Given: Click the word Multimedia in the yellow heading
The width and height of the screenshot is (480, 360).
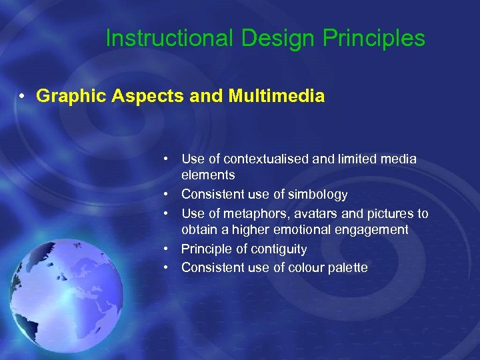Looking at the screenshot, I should pos(277,96).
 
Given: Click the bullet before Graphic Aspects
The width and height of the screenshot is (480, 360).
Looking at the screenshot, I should pos(23,97).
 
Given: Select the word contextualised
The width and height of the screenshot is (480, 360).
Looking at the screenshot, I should pos(266,159).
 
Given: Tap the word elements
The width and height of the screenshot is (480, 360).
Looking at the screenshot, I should pos(208,175).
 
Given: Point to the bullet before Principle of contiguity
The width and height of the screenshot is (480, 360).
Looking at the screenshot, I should pos(171,249).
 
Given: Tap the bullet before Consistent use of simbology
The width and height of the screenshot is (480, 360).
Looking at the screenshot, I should pos(171,195).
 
